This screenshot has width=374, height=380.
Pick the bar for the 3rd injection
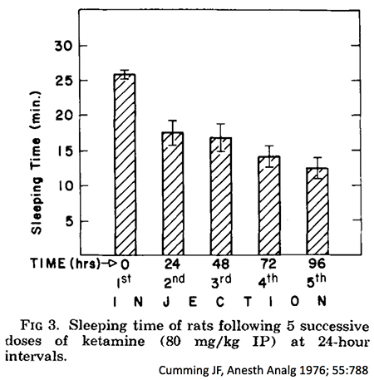pos(220,197)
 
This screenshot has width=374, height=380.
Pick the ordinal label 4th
pos(268,283)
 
